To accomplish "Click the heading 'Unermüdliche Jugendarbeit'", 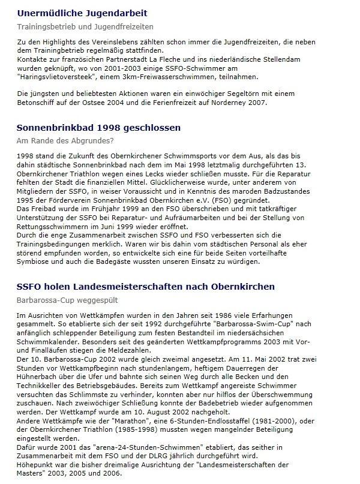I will (x=82, y=13).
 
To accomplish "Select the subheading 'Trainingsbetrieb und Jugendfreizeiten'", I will (x=85, y=27).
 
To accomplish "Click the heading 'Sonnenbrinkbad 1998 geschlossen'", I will (x=99, y=128).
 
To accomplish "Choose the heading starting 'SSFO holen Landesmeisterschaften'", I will (x=146, y=287).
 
